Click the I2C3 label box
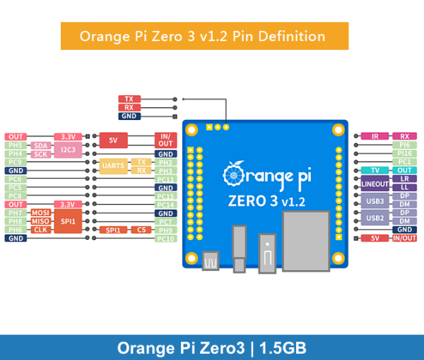point(68,149)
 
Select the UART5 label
point(114,166)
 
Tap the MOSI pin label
point(40,212)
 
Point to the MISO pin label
point(40,221)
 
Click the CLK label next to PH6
point(40,229)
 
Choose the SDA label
point(40,145)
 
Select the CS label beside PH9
point(141,229)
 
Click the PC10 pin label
point(165,239)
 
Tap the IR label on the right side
point(375,136)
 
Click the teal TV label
point(375,170)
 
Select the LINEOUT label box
point(375,184)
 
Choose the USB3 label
point(375,200)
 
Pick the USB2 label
point(375,217)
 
